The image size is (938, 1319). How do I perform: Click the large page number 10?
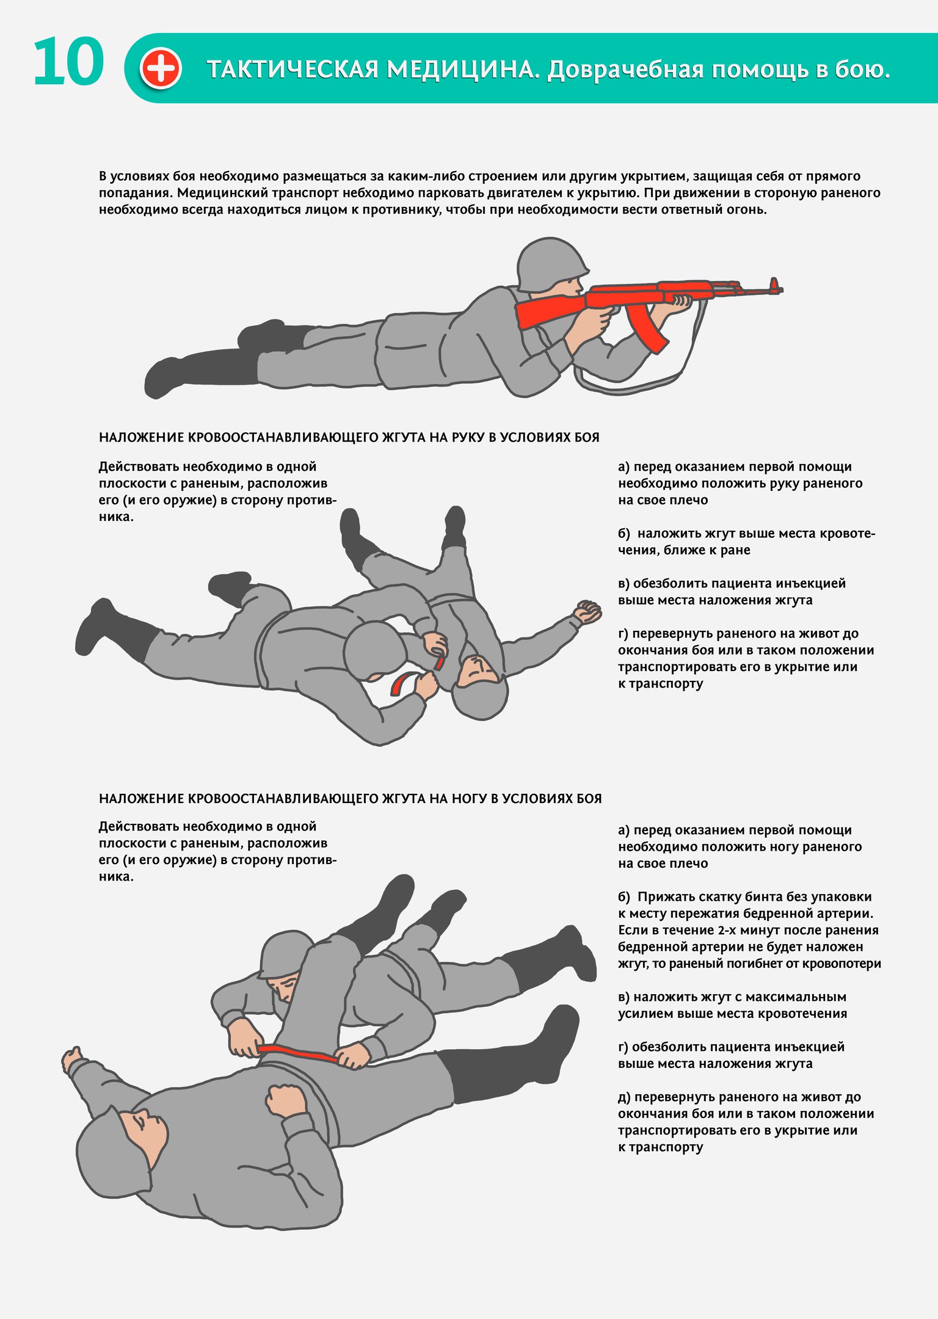[68, 62]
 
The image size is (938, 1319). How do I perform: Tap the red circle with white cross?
[161, 68]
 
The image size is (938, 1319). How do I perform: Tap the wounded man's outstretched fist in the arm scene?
[587, 612]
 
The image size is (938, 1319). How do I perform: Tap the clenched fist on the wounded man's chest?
[285, 1100]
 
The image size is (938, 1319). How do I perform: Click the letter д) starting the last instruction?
[625, 1097]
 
